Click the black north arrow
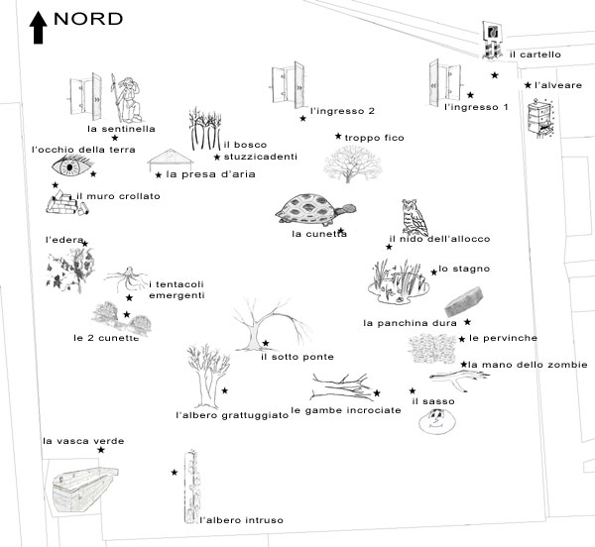38,28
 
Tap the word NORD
88,19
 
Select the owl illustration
415,217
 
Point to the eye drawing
71,166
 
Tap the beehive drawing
540,118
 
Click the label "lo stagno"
464,269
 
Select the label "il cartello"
535,55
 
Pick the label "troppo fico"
374,138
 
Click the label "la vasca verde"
83,441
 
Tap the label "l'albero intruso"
241,520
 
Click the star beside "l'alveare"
528,85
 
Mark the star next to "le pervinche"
462,339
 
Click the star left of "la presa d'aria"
159,175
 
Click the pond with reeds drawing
399,281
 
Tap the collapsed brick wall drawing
66,203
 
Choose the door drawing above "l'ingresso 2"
288,85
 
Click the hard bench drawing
464,302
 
